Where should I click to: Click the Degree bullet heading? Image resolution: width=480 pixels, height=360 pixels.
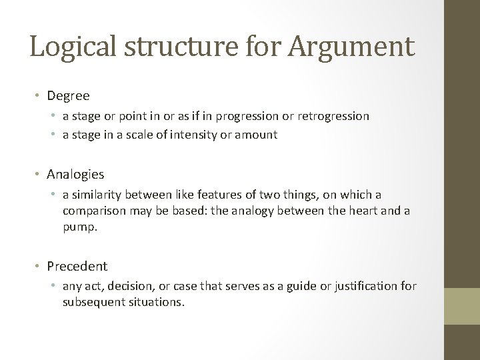pyautogui.click(x=68, y=96)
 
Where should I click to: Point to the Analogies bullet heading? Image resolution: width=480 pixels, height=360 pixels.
pyautogui.click(x=75, y=174)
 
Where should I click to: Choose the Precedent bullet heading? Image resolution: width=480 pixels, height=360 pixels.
pyautogui.click(x=77, y=266)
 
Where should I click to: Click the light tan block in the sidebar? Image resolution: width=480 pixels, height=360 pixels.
pyautogui.click(x=462, y=305)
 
